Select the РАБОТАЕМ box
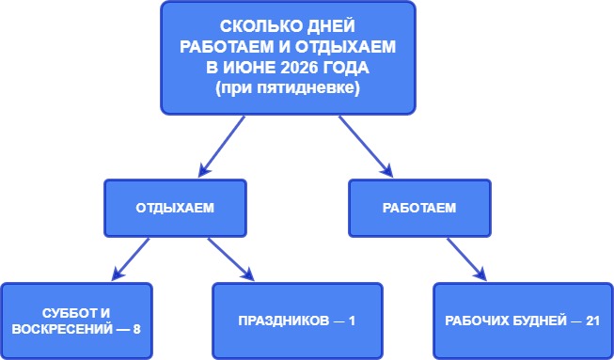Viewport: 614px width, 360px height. coord(419,208)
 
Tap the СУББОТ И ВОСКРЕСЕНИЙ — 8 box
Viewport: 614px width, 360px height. coord(77,320)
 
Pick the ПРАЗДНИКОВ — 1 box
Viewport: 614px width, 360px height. coord(298,320)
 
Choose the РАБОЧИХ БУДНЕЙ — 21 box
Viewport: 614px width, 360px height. coord(522,320)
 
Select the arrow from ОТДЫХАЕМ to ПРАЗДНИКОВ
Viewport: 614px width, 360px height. coord(230,258)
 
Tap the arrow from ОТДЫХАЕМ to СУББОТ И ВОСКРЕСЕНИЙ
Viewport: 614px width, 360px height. coord(131,258)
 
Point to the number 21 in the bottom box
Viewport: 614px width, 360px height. coord(591,321)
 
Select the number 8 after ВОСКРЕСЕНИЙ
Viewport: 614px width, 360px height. coord(136,329)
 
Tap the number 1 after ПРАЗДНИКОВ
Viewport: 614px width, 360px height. coord(352,321)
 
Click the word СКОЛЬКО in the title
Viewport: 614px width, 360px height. coord(259,28)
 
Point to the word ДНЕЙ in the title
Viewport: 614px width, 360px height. coord(323,28)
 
